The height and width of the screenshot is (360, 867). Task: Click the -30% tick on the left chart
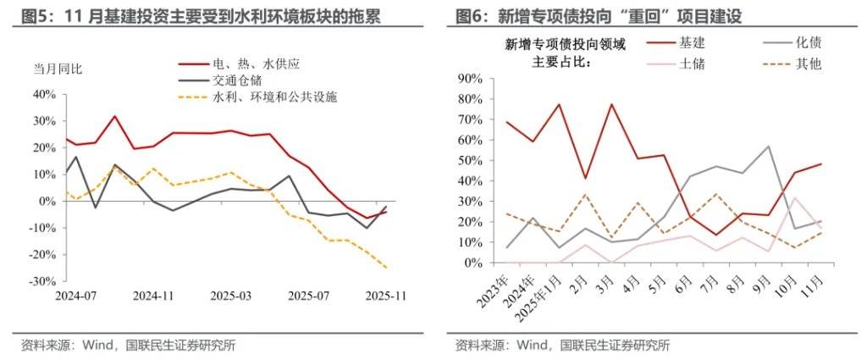click(x=42, y=281)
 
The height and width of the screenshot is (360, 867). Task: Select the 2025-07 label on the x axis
click(x=308, y=296)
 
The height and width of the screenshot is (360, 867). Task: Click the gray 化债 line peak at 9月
click(x=768, y=147)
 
